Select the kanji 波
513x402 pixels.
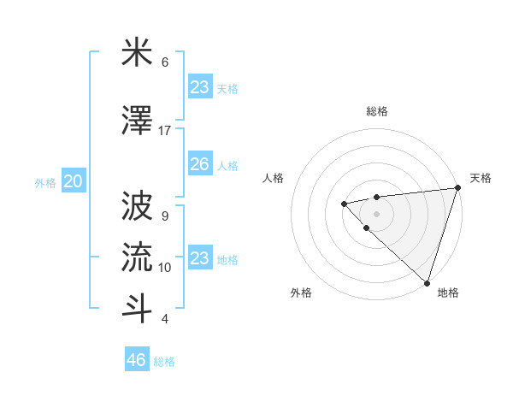point(137,206)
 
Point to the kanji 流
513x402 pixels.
point(137,257)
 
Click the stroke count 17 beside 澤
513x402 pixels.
point(165,130)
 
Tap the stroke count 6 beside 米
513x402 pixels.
point(165,62)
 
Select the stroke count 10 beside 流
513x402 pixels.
point(165,267)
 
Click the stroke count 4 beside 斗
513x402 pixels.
point(165,318)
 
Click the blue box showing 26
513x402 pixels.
point(199,164)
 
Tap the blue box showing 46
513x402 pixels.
point(136,360)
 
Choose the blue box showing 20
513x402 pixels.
point(74,181)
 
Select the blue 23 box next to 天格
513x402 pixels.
point(199,87)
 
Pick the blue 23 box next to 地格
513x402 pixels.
point(199,257)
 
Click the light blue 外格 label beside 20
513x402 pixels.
point(45,182)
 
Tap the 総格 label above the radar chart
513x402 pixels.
point(376,111)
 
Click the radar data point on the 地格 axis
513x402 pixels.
point(427,282)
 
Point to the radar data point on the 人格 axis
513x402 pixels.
point(344,203)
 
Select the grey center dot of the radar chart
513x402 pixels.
point(376,213)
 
